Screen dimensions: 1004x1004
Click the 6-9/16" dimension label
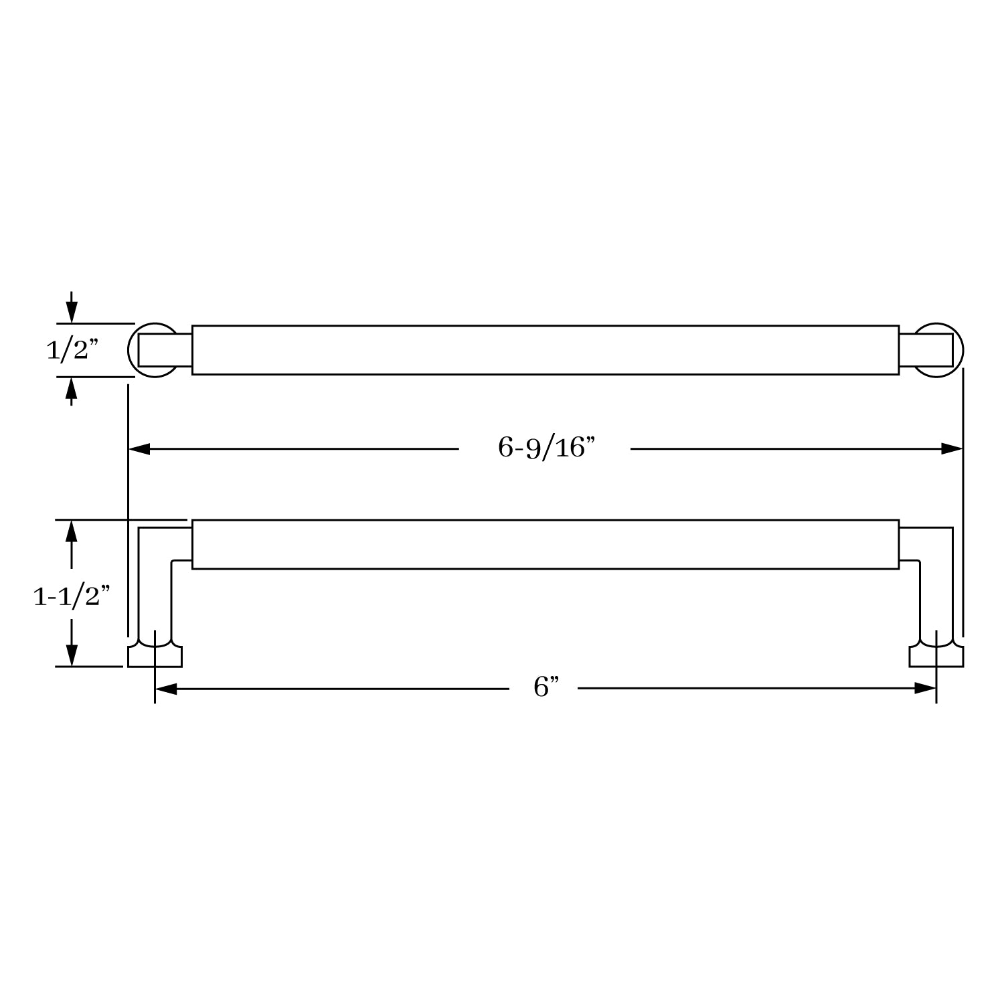click(x=546, y=448)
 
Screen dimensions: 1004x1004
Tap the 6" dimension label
click(x=546, y=687)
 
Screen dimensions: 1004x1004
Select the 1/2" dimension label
click(x=72, y=350)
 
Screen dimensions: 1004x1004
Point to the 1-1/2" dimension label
click(x=72, y=596)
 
